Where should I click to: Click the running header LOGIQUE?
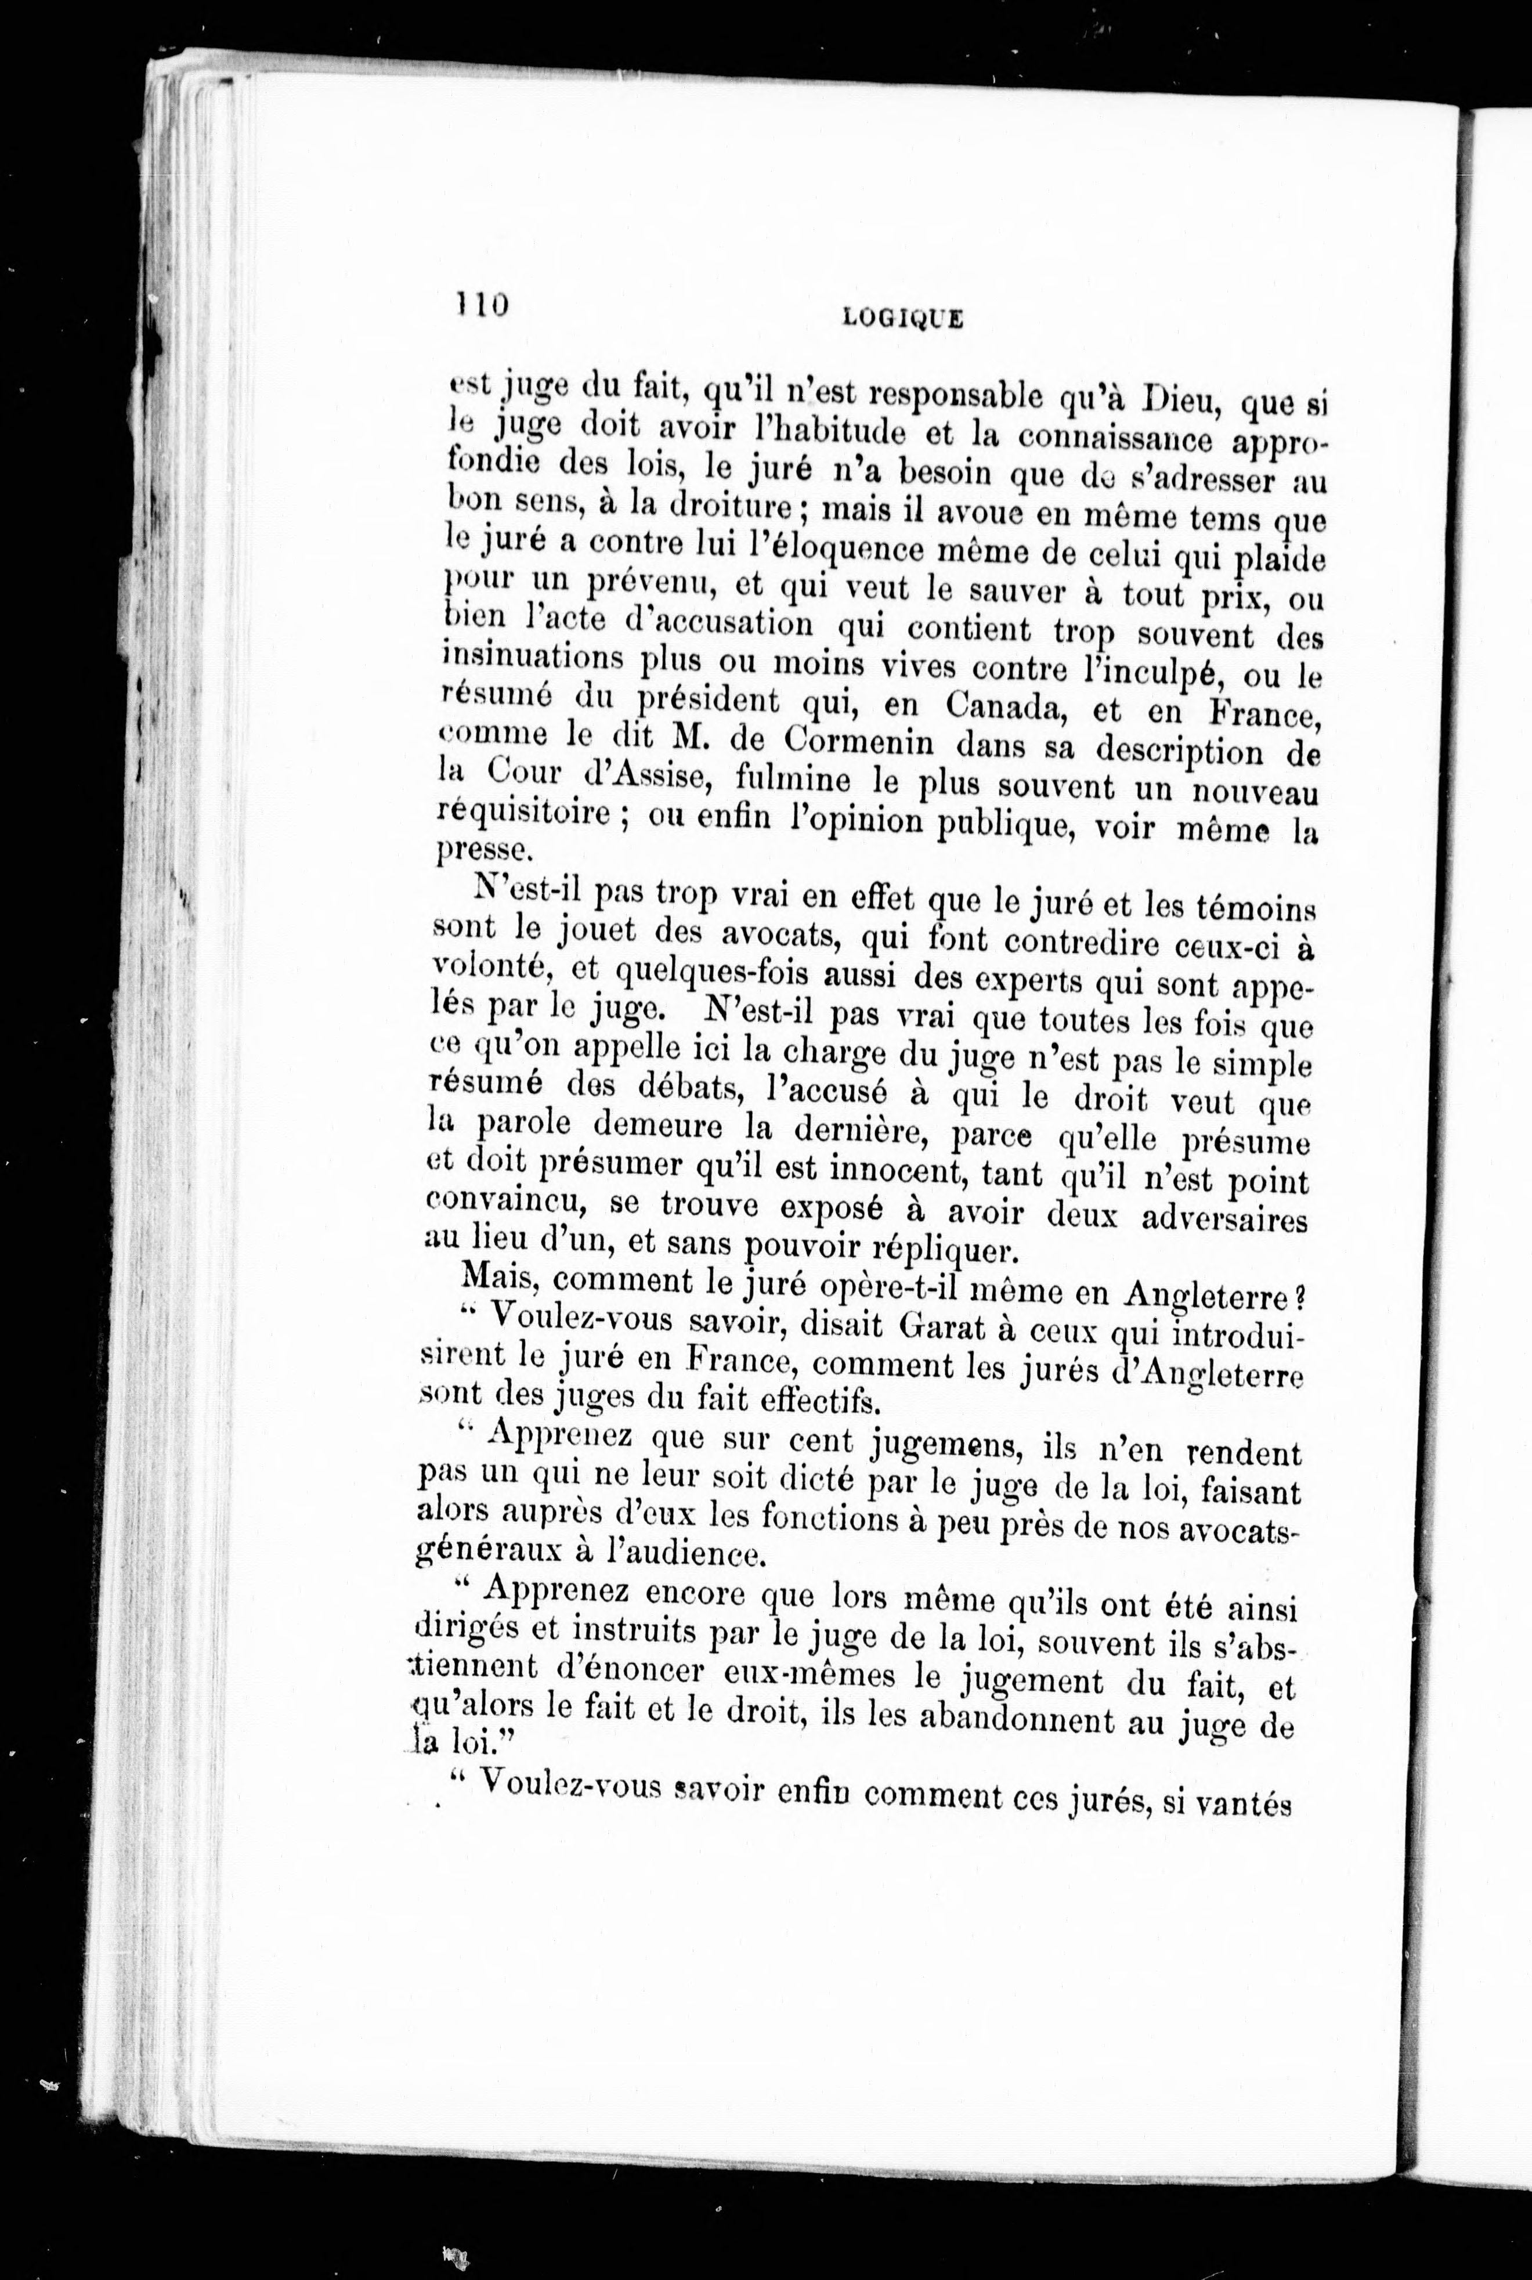[x=902, y=318]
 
